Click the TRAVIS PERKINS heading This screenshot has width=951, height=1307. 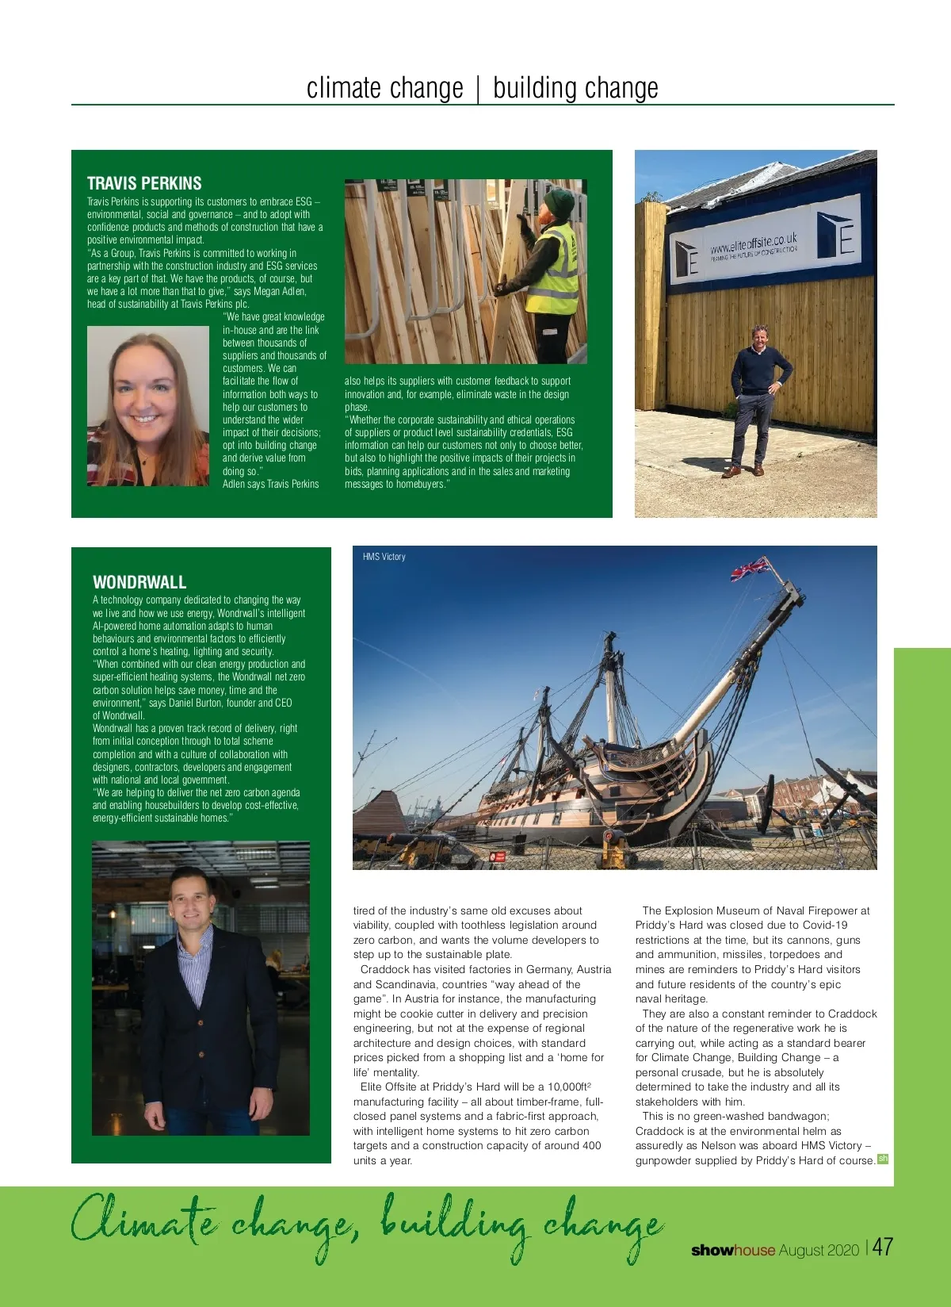coord(144,183)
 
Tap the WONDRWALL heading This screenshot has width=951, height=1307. coord(139,582)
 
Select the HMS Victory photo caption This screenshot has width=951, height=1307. coord(384,557)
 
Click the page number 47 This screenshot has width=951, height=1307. coord(883,1247)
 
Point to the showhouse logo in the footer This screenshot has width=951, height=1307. coord(733,1250)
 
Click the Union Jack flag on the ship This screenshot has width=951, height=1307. coord(748,569)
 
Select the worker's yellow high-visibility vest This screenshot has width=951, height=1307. coord(554,270)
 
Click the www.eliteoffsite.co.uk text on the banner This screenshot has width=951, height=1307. coord(753,242)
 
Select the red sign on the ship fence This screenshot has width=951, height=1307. coord(499,857)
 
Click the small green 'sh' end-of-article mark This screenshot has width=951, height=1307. coord(883,1159)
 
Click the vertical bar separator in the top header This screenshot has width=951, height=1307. coord(478,89)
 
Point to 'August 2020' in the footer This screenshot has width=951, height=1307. coord(819,1250)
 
